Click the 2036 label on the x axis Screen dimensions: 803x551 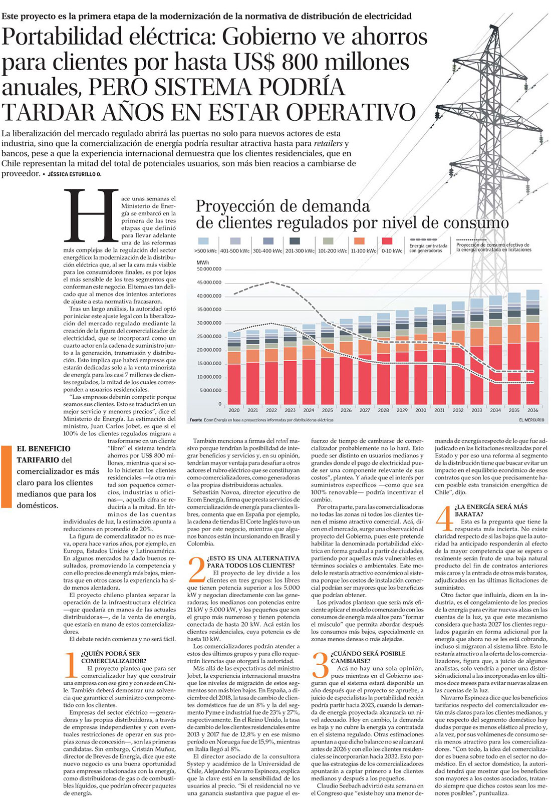[532, 410]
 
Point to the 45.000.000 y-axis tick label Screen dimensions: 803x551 [209, 283]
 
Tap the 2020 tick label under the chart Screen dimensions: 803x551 [233, 410]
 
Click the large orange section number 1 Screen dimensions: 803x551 [72, 664]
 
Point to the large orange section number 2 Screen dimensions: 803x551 [196, 569]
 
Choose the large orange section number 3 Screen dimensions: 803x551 [320, 664]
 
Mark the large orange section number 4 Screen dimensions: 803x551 [444, 517]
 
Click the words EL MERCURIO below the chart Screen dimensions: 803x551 [531, 420]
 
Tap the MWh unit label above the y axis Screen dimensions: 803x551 [203, 262]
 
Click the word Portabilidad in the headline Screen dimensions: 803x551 [62, 37]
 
